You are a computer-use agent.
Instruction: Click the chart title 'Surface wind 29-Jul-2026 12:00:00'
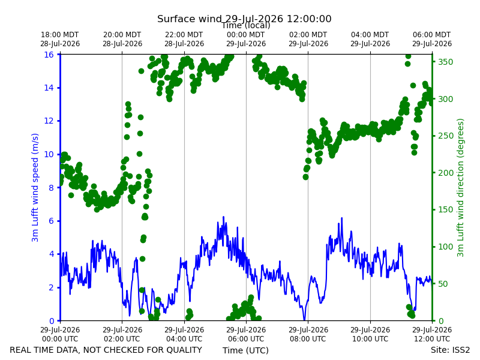pos(244,19)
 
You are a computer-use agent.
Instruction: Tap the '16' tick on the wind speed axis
pos(49,55)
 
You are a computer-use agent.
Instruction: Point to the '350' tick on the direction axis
pos(445,62)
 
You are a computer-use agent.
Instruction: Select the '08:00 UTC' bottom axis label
pos(308,339)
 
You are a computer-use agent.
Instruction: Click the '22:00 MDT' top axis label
pos(184,35)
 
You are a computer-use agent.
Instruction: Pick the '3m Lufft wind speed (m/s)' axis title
pos(35,187)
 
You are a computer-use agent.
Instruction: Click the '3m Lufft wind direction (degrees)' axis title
pos(460,188)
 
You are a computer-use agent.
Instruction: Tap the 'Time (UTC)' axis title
pos(245,350)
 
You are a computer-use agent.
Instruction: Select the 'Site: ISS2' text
pos(450,350)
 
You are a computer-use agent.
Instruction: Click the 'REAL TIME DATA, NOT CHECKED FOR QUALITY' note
pos(106,350)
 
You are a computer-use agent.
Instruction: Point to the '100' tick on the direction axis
pos(445,247)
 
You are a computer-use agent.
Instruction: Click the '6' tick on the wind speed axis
pos(51,221)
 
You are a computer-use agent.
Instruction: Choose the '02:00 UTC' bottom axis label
pos(122,339)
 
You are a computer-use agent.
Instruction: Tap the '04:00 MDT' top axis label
pos(370,35)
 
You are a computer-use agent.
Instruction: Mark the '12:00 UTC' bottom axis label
pos(432,339)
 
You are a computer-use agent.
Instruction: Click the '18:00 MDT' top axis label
pos(59,35)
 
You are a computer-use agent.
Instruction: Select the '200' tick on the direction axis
pos(445,173)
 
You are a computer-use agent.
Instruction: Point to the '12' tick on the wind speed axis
pos(49,121)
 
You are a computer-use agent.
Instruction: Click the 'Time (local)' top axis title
pos(246,26)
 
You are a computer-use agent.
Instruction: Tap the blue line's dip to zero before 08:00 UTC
pos(304,320)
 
